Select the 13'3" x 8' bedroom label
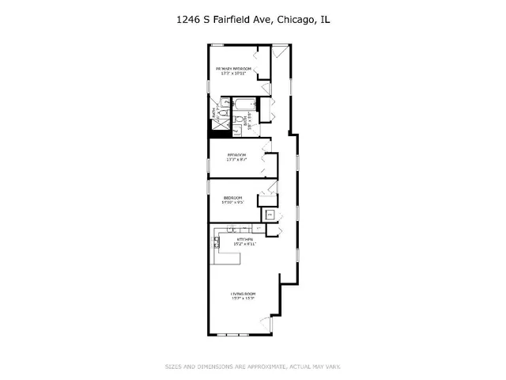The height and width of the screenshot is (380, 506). (236, 156)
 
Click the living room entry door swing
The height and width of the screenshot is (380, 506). (266, 324)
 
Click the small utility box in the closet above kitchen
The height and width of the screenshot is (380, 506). (269, 214)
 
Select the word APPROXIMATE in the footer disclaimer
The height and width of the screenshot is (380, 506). (260, 366)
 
